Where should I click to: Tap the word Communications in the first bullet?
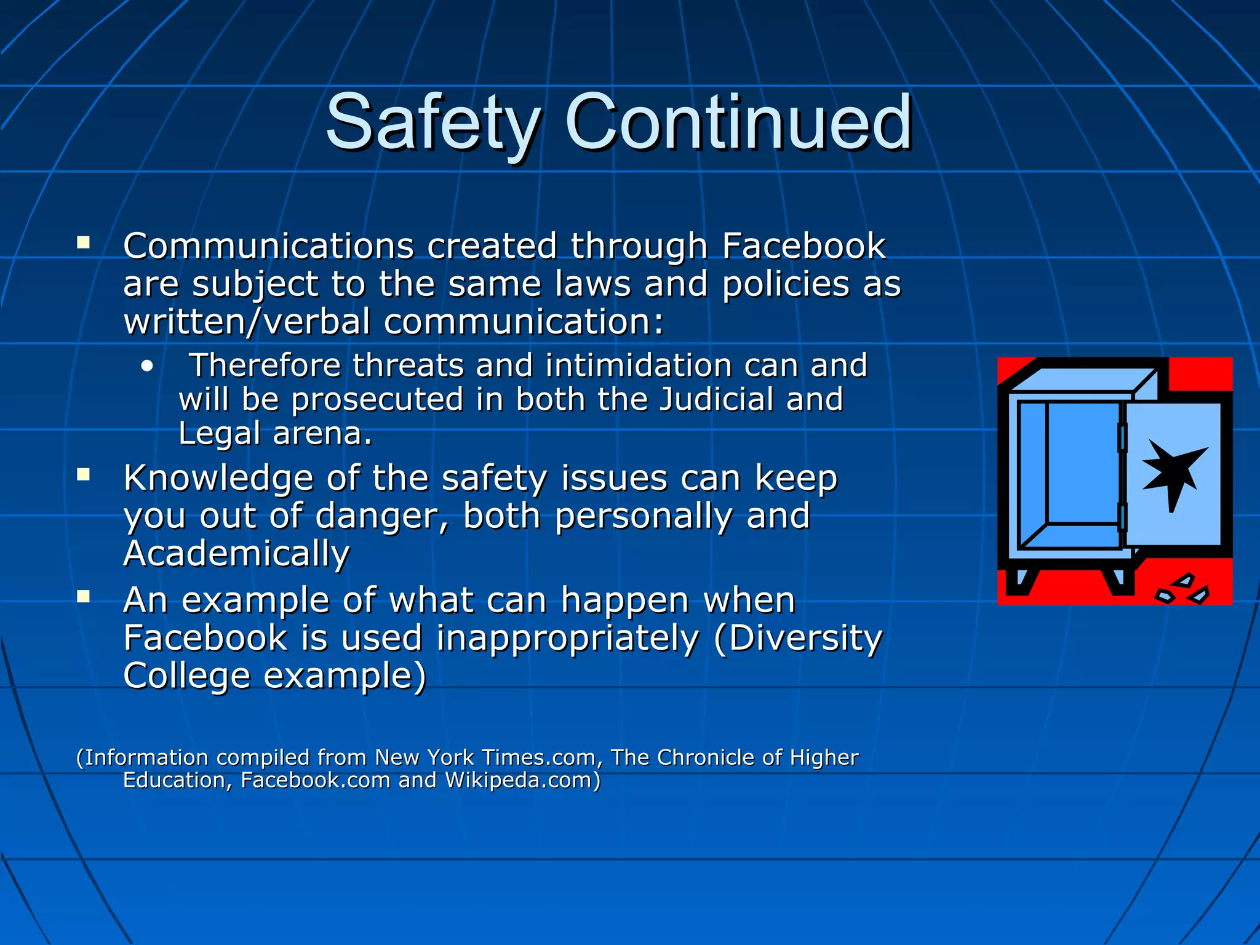coord(268,246)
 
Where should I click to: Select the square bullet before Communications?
coord(83,242)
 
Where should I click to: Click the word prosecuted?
coord(377,401)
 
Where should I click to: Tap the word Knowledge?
coord(218,479)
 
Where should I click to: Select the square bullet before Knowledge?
coord(83,474)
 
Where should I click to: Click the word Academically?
coord(236,554)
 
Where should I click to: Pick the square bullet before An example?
coord(83,596)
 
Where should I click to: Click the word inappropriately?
coord(567,639)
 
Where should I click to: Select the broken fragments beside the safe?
coord(1182,589)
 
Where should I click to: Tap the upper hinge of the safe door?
coord(1122,437)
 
